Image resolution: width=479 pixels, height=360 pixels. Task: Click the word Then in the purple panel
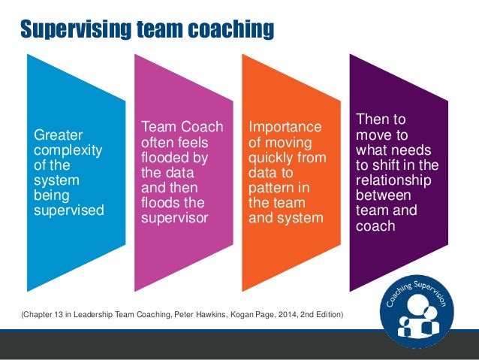pos(372,119)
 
